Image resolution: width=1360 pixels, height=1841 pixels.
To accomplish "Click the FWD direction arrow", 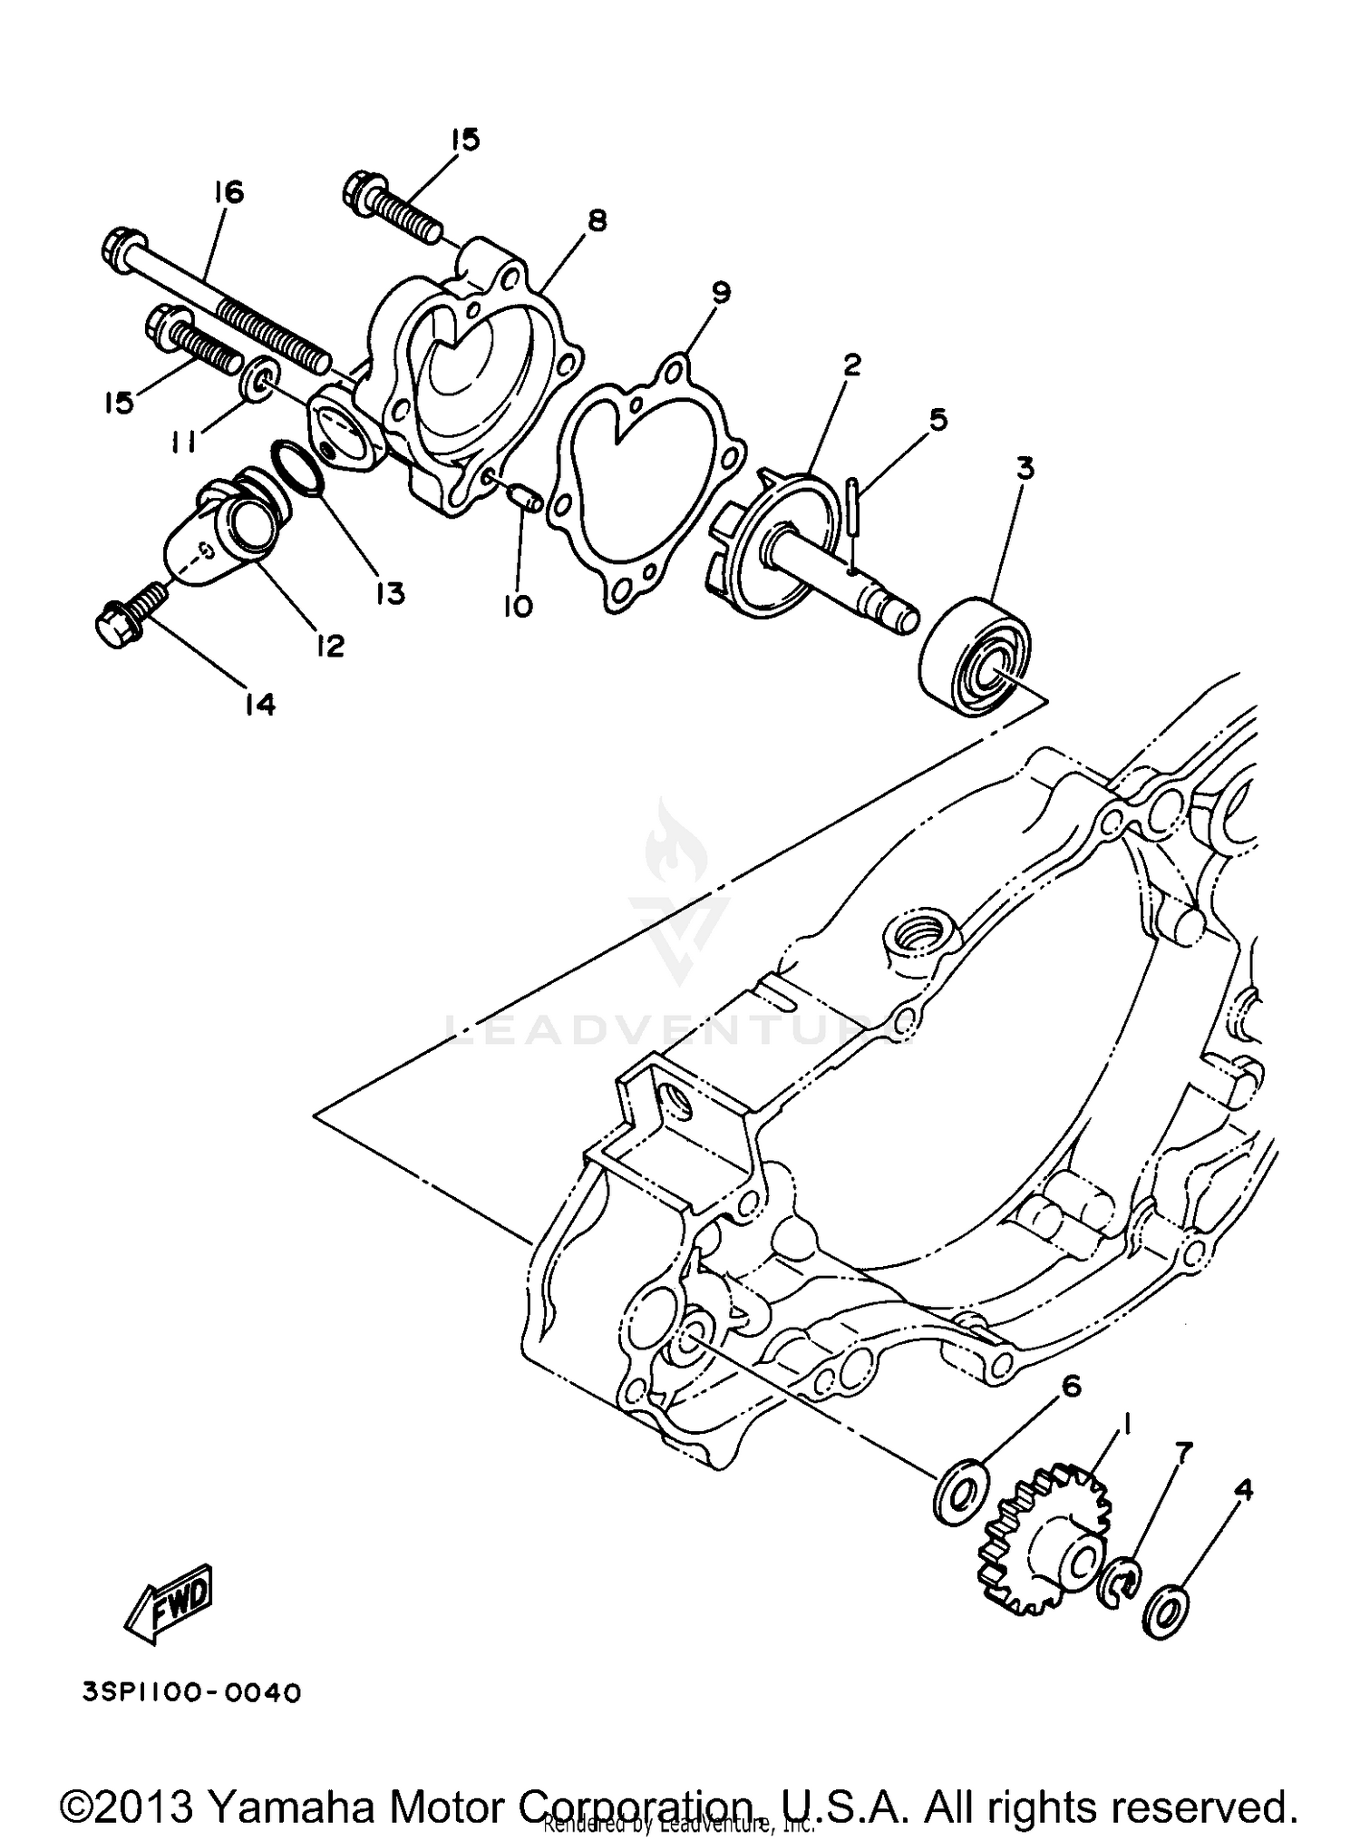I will click(x=171, y=1602).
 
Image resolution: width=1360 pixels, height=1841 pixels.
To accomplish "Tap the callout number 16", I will click(x=229, y=192).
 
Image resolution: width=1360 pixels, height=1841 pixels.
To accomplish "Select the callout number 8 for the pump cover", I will click(x=596, y=220).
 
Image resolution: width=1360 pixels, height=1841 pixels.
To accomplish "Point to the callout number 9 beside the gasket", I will click(x=720, y=292).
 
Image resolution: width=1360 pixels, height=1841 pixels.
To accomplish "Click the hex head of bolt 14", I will click(x=115, y=627).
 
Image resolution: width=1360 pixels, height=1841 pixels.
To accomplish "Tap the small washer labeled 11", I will click(x=261, y=380).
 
